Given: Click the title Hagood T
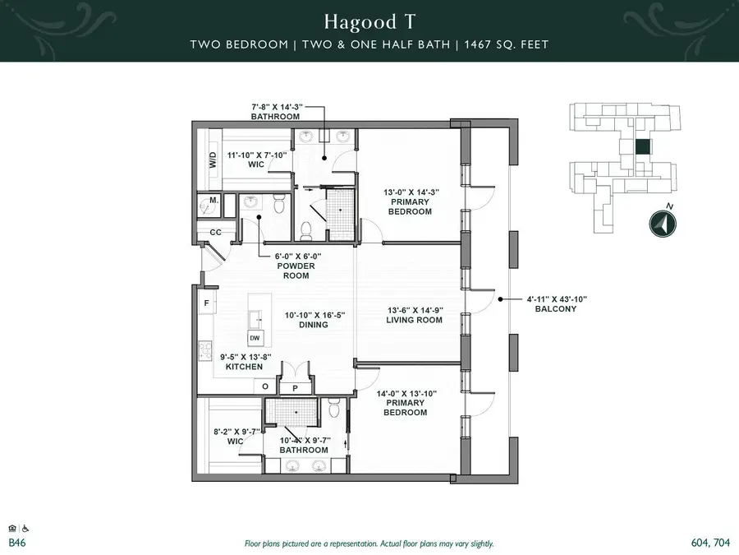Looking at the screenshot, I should [x=369, y=20].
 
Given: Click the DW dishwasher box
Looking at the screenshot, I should [x=255, y=338].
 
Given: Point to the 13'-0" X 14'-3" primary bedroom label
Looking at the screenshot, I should [x=410, y=201].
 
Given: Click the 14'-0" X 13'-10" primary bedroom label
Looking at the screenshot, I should [x=406, y=403].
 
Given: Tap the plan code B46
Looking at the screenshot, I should [x=16, y=543].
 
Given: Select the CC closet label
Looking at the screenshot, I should [x=216, y=233].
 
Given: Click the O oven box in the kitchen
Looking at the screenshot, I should [x=265, y=386].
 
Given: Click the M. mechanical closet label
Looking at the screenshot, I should [x=213, y=201].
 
